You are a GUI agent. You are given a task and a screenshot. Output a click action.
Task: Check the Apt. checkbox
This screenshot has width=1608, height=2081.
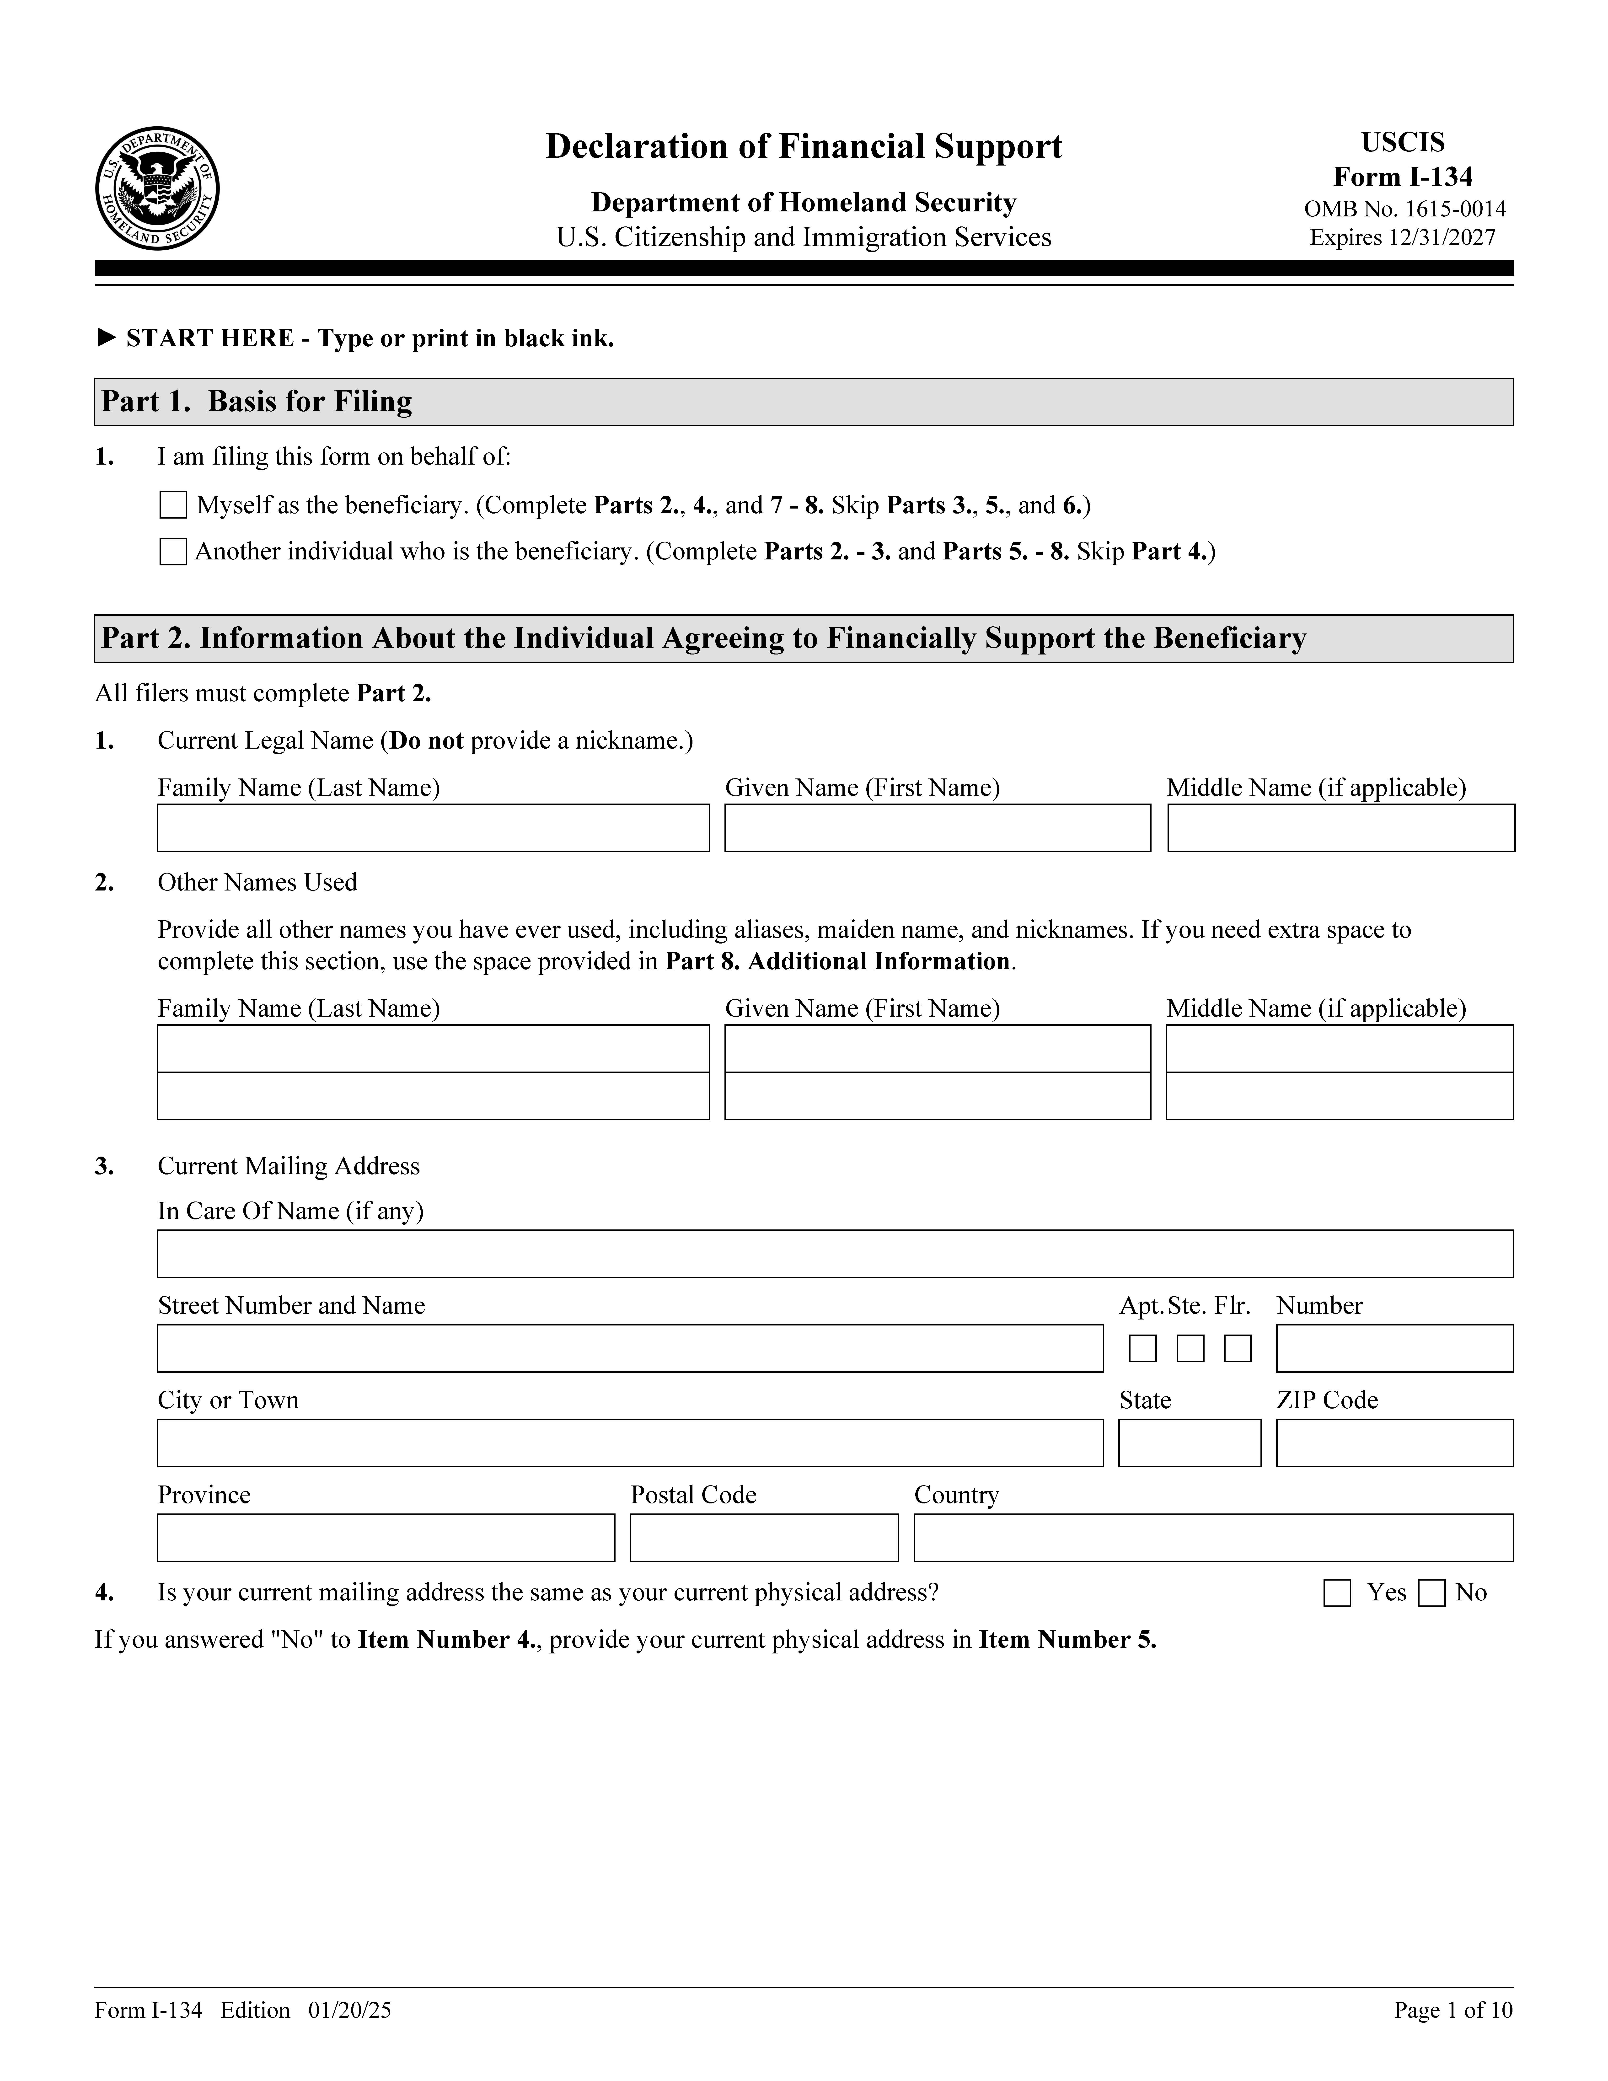point(1142,1348)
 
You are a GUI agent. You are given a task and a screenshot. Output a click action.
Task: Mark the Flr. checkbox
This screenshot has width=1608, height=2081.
point(1237,1348)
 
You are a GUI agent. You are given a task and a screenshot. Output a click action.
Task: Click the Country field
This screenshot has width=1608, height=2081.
point(1213,1537)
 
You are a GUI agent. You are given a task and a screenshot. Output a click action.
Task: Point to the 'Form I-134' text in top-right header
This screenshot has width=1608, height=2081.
point(1402,177)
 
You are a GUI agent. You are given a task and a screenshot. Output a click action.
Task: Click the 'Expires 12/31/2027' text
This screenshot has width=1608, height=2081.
point(1402,237)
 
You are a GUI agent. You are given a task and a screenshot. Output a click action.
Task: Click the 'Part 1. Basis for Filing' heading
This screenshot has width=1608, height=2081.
point(257,401)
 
